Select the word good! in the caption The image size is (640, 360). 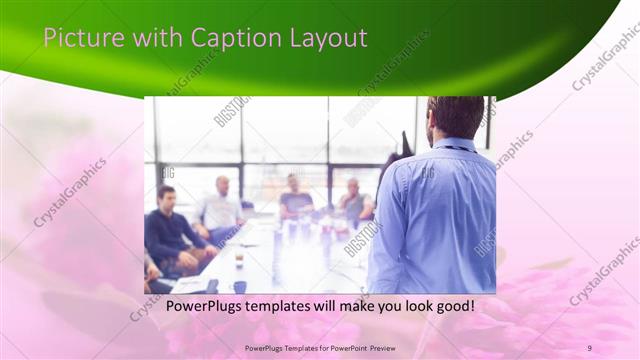click(451, 306)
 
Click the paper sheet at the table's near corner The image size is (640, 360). click(190, 285)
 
